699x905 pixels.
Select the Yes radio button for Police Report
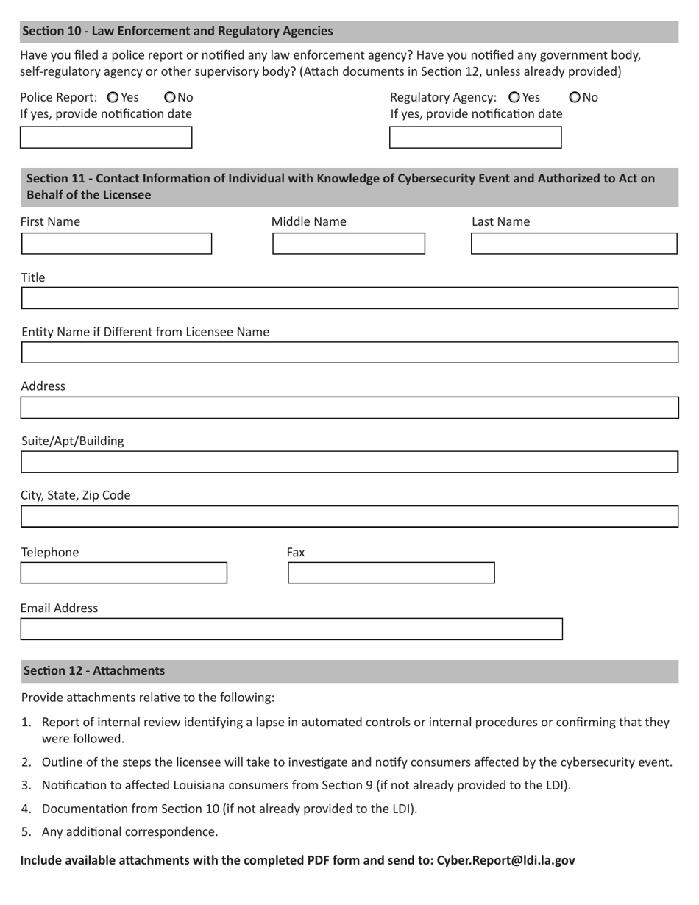coord(113,97)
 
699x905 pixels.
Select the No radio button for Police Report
coord(170,97)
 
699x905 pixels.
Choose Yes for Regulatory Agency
coord(514,97)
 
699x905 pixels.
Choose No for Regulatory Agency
coord(575,97)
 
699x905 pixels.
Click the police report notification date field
coord(106,138)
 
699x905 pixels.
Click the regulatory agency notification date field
coord(475,138)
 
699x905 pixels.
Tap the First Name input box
coord(116,244)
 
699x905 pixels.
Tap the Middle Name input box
coord(349,244)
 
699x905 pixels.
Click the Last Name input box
coord(574,244)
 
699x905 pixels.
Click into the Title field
coord(349,298)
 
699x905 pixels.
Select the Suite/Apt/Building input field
coord(349,462)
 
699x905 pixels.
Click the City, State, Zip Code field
coord(349,517)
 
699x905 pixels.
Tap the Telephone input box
coord(124,573)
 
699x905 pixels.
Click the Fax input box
coord(391,573)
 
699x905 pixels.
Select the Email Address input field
coord(291,629)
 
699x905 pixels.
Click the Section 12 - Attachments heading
coord(94,671)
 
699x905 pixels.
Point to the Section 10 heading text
coord(177,31)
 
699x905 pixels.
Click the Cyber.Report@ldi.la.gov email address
coord(505,860)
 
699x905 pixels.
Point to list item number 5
coord(129,832)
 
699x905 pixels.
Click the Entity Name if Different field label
coord(146,332)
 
